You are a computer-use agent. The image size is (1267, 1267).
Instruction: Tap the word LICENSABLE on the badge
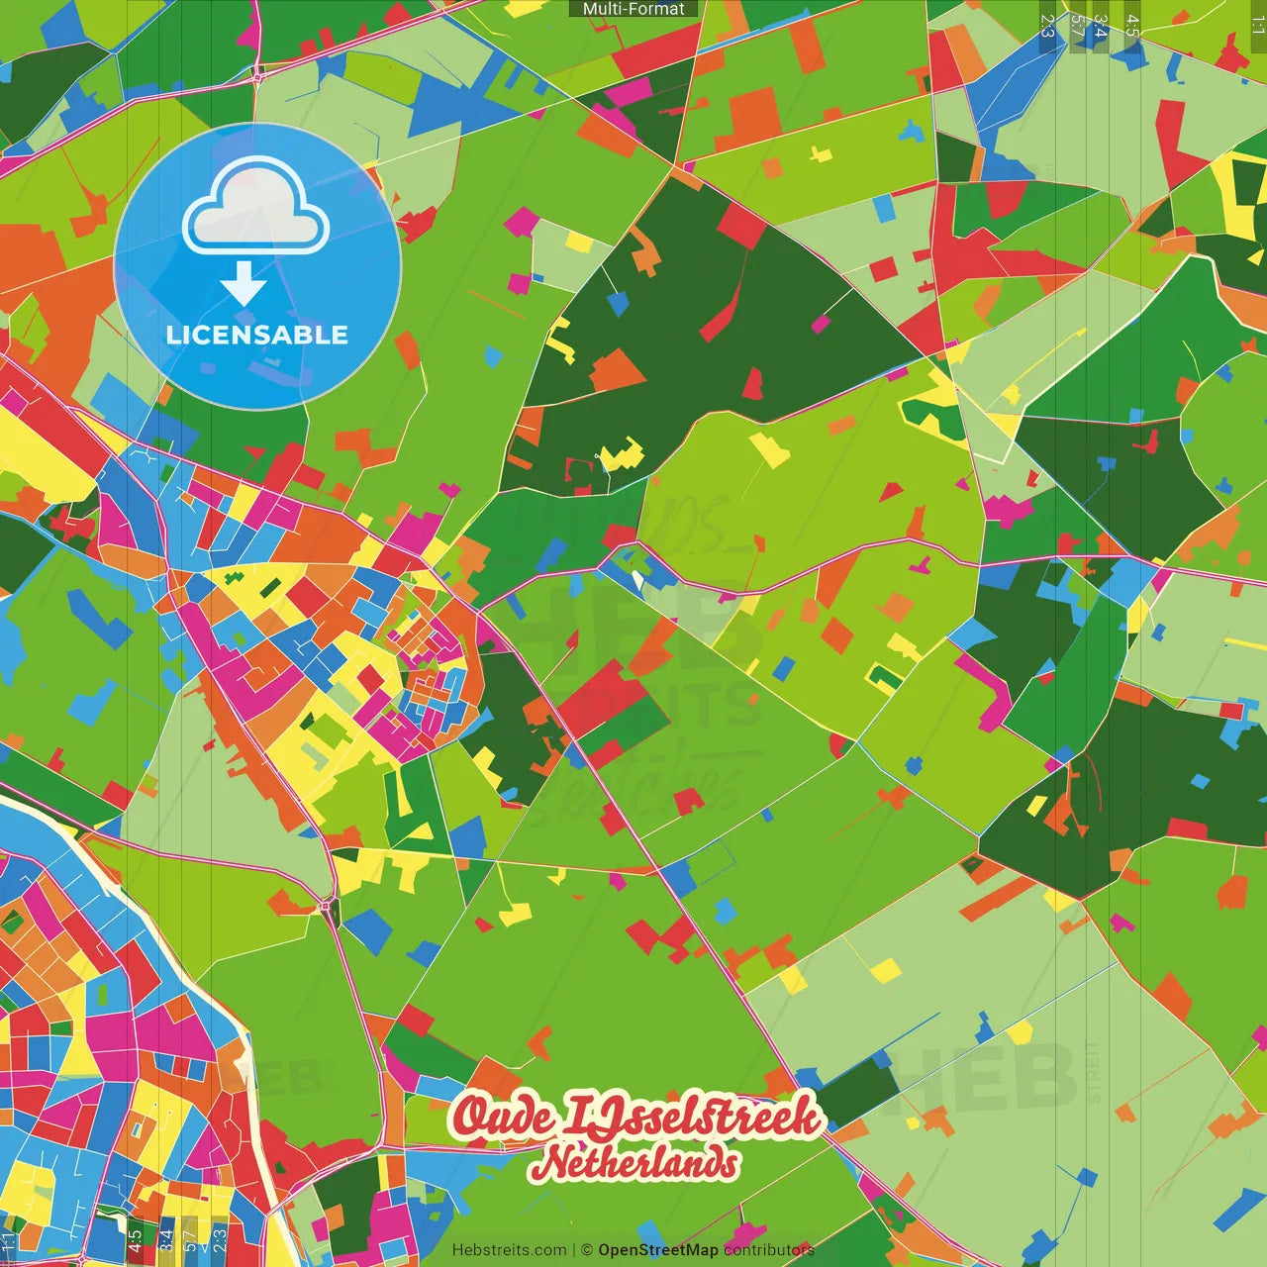tap(257, 335)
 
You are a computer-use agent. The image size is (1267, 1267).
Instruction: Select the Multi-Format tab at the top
tap(633, 9)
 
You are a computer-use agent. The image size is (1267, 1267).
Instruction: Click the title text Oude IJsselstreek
tap(636, 1117)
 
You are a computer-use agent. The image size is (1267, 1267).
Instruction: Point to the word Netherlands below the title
tap(634, 1162)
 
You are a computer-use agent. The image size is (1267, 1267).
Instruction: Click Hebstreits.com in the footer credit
tap(509, 1250)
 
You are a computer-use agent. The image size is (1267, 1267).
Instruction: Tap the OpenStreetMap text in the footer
tap(657, 1250)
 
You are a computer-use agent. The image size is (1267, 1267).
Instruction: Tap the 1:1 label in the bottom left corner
tap(9, 1241)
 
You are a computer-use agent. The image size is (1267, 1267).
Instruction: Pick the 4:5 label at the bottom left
tap(135, 1241)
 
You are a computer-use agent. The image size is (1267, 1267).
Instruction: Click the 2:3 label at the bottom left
tap(220, 1241)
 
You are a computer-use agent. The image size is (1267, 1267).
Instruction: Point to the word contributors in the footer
tap(768, 1250)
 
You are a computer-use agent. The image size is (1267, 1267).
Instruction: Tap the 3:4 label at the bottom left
tap(165, 1241)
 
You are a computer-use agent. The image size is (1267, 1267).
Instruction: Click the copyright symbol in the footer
tap(586, 1250)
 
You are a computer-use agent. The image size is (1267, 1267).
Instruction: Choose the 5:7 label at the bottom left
tap(191, 1241)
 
